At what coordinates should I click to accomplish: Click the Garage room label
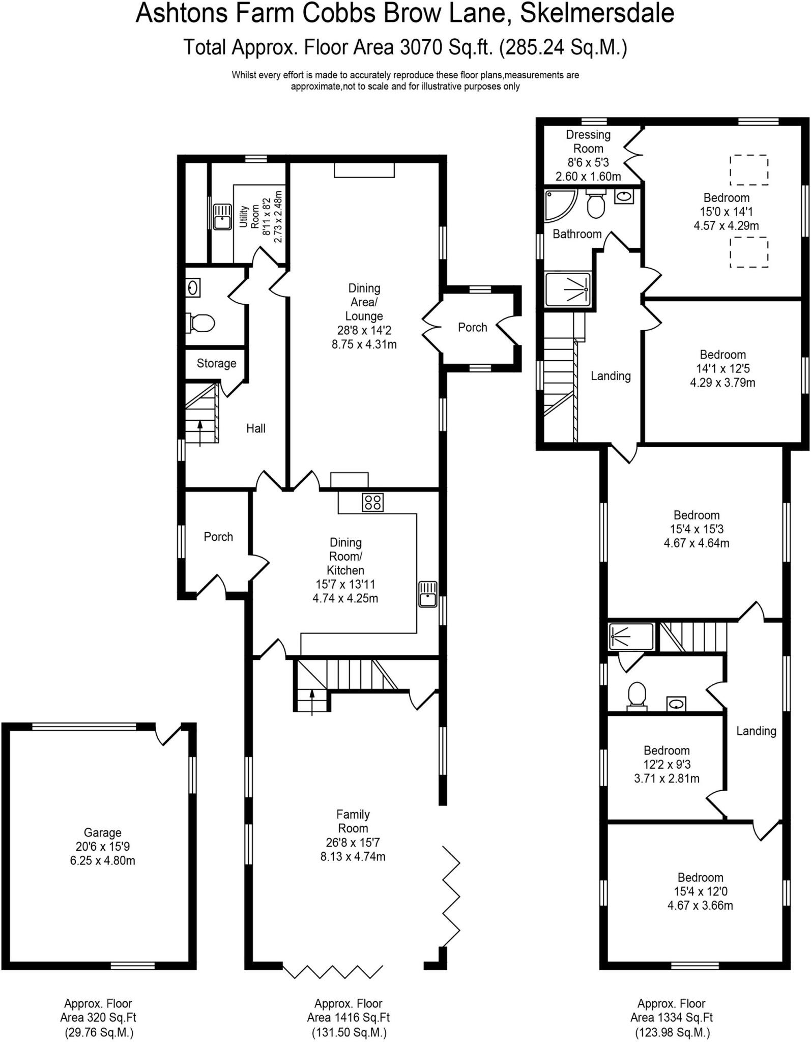[102, 833]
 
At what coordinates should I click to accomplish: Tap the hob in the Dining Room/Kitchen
[372, 503]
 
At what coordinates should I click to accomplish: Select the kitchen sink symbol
[428, 594]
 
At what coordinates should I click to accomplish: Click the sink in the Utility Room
[222, 217]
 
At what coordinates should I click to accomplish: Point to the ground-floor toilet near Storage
[202, 323]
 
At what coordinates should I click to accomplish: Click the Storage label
[216, 363]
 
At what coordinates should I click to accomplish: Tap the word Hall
[256, 428]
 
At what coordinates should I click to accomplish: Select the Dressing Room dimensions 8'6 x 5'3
[588, 163]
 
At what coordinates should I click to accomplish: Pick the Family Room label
[353, 821]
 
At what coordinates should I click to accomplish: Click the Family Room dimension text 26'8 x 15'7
[353, 843]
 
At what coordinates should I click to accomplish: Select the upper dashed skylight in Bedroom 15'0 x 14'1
[748, 170]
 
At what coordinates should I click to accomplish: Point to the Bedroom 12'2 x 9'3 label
[667, 750]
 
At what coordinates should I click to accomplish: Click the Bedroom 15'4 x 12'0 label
[700, 877]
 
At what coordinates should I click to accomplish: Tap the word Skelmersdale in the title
[597, 13]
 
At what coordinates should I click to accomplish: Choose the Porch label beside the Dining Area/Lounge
[472, 327]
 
